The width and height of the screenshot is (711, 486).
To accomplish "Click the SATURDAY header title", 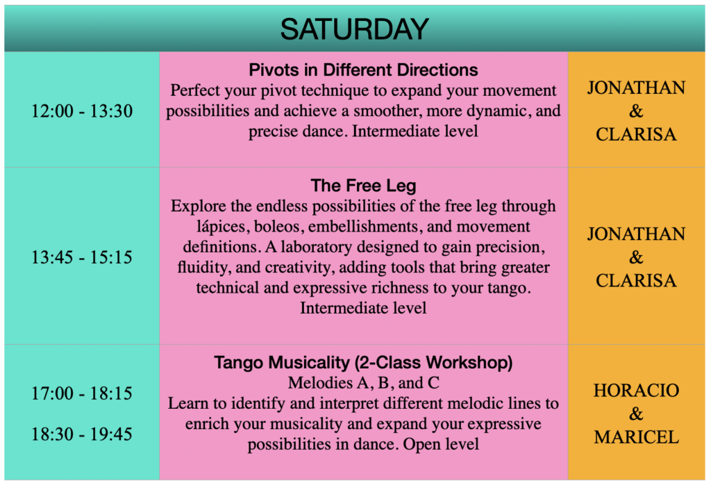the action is click(354, 29).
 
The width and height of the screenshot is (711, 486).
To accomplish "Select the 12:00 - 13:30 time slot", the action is click(82, 111).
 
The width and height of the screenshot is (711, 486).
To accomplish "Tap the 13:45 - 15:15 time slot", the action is click(82, 257).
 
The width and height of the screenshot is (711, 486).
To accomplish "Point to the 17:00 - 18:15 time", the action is click(82, 393).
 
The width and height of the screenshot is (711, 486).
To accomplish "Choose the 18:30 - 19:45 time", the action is click(82, 434).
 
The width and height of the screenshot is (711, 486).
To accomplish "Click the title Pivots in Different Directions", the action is click(363, 70).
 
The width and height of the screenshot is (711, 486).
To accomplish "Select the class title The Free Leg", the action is click(363, 186).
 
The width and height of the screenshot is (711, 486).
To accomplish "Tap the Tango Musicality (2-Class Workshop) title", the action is click(363, 362).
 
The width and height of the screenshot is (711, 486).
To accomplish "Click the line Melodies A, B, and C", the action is click(363, 383).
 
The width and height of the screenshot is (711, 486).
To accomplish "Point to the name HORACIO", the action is click(636, 390).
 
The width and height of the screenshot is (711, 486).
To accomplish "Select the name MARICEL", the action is click(636, 437).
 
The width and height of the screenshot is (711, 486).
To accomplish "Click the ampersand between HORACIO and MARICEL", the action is click(636, 414).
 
